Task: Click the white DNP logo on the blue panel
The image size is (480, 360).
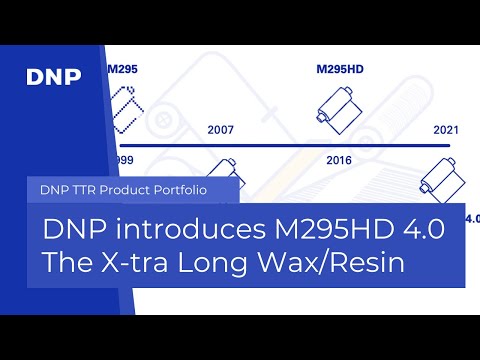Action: (53, 76)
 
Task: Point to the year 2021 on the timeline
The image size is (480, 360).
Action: (446, 131)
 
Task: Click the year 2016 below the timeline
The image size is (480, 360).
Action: (341, 159)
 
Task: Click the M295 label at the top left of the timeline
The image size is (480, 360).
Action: (122, 71)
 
